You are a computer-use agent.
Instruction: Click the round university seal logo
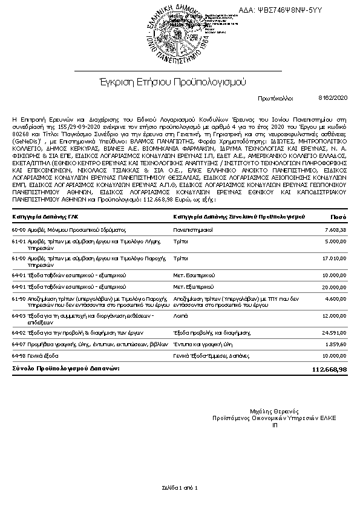[x=180, y=31]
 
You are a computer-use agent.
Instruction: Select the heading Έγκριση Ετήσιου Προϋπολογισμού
[x=174, y=82]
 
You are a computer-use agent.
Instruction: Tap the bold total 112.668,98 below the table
[x=329, y=369]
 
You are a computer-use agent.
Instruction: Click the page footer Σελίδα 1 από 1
[x=180, y=487]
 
